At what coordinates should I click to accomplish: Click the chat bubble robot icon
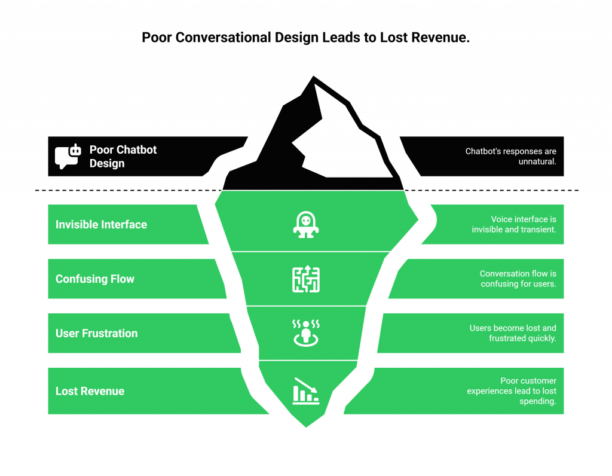tap(68, 157)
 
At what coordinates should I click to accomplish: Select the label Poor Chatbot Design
tap(123, 156)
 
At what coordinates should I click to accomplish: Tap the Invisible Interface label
tap(101, 225)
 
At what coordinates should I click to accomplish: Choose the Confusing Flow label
tap(95, 279)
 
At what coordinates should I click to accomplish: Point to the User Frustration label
tap(96, 334)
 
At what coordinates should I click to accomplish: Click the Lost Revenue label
tap(90, 391)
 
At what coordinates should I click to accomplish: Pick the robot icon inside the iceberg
tap(306, 225)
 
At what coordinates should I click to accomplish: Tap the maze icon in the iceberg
tap(306, 279)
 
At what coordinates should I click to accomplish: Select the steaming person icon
tap(306, 332)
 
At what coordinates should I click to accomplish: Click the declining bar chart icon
tap(306, 390)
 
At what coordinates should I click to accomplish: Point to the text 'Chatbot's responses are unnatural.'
tap(510, 157)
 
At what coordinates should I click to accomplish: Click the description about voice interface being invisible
tap(514, 225)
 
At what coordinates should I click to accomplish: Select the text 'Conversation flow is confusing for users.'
tap(518, 279)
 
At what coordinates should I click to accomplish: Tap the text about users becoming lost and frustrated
tap(513, 333)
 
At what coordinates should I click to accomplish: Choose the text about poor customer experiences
tap(512, 391)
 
